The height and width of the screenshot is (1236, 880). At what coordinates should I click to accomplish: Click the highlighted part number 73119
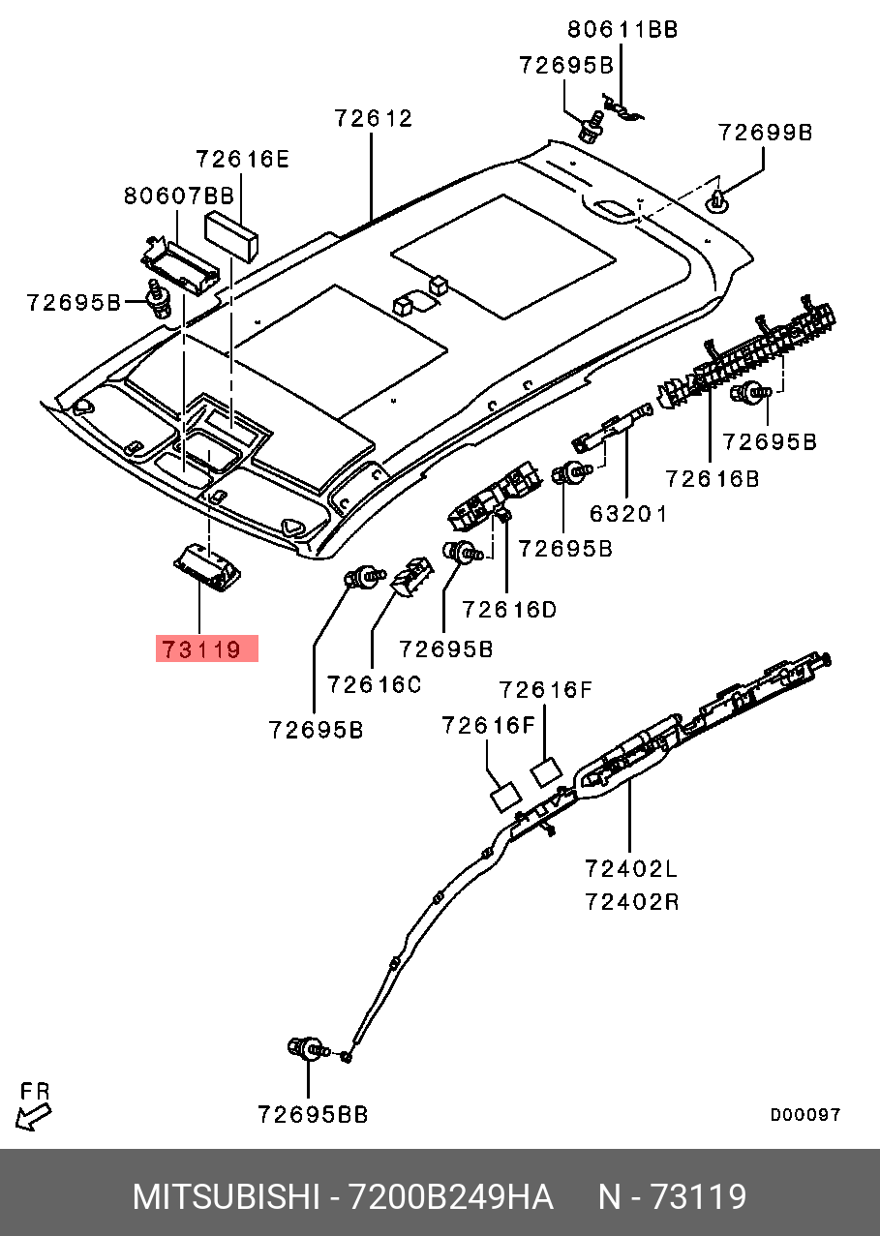point(207,648)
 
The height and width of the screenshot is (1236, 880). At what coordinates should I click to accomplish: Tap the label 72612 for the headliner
point(374,118)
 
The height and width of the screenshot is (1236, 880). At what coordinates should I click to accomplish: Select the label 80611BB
point(622,29)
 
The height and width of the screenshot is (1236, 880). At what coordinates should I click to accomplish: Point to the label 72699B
point(765,133)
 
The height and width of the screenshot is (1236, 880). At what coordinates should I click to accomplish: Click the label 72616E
point(242,159)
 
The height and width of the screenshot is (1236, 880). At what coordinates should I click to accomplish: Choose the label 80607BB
point(178,196)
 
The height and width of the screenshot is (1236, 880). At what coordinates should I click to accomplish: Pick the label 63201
point(628,513)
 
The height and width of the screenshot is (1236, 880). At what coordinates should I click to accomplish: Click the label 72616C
point(374,685)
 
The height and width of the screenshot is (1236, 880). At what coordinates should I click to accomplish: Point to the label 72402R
point(631,902)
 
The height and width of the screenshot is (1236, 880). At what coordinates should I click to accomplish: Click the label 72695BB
point(313,1115)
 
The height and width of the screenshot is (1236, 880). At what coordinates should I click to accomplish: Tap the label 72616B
point(712,478)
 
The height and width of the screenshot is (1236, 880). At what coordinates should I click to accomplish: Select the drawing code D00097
point(804,1115)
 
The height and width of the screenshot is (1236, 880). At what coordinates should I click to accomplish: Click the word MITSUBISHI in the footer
point(226,1197)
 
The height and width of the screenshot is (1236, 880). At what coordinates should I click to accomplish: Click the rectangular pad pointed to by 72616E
point(231,234)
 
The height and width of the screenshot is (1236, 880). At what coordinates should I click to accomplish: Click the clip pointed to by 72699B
point(717,201)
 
